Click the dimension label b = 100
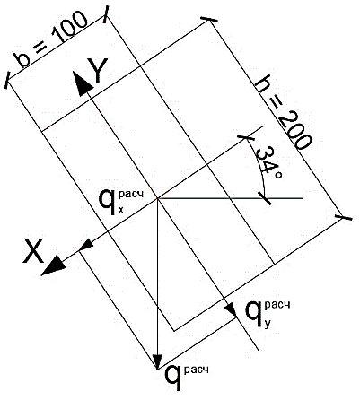coord(52,40)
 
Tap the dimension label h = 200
coord(282,115)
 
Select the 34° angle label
coord(268,163)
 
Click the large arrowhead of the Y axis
coord(82,83)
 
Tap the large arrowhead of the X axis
coord(53,265)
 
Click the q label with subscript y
coord(268,315)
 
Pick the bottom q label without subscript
coord(186,378)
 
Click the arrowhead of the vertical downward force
coord(157,361)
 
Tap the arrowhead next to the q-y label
coord(232,309)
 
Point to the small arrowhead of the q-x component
coord(86,245)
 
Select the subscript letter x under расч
coord(121,210)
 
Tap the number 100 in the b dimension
coord(71,28)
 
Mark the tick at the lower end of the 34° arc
coord(266,198)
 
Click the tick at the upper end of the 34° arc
coord(246,138)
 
